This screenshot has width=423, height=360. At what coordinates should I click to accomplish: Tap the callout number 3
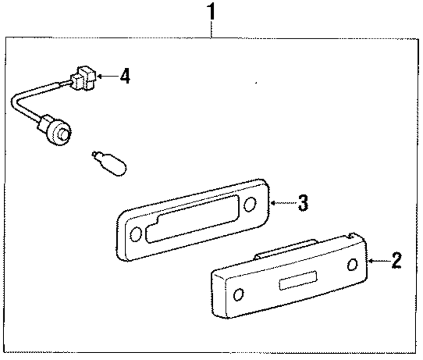click(x=302, y=203)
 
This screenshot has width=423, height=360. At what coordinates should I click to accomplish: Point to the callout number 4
click(x=124, y=77)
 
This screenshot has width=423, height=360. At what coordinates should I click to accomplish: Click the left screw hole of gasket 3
click(x=136, y=234)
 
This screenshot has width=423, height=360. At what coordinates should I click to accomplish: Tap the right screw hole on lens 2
click(x=352, y=265)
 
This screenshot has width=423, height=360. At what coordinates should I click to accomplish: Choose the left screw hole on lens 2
click(x=239, y=294)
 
